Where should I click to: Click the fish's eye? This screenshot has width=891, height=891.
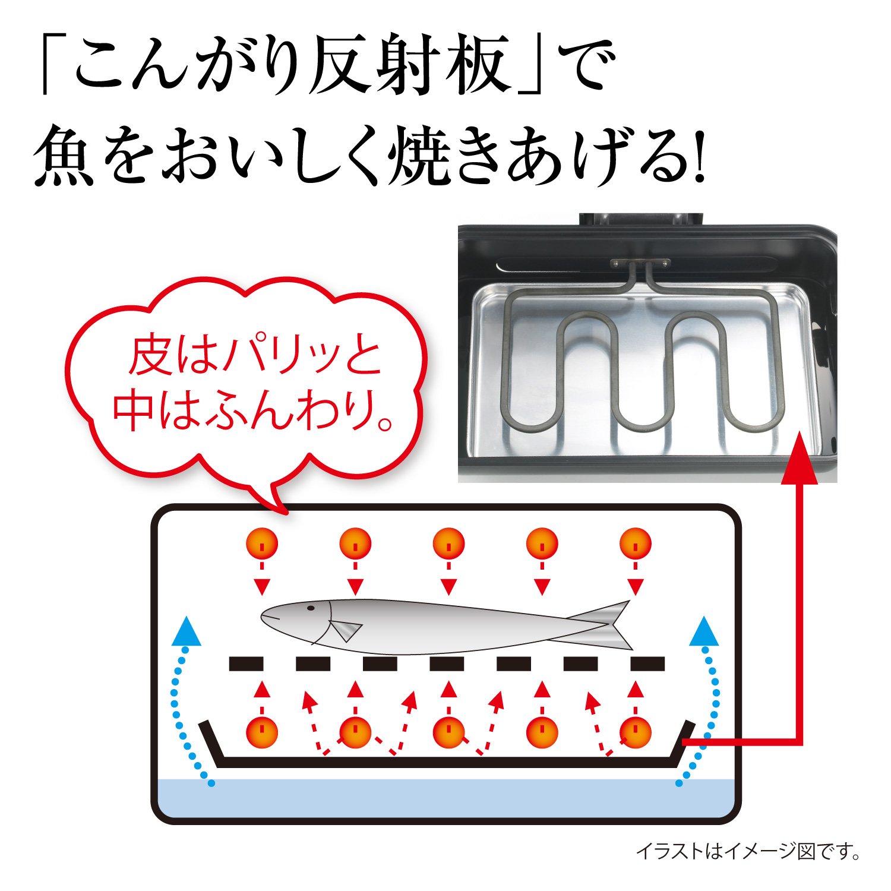(x=310, y=608)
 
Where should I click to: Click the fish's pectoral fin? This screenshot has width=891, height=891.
(x=345, y=631)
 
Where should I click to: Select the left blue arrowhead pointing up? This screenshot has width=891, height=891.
(x=186, y=631)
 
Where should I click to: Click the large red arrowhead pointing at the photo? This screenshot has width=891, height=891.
(x=800, y=458)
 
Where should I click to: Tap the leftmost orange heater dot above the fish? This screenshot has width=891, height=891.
(x=262, y=543)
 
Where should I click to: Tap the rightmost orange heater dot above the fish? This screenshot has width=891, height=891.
(x=635, y=543)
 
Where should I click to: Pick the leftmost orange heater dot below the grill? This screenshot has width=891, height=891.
(x=262, y=732)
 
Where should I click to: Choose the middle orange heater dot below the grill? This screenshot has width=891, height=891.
(x=448, y=732)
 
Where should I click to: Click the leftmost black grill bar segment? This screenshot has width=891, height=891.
(x=246, y=663)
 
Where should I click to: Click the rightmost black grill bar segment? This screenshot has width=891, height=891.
(x=647, y=663)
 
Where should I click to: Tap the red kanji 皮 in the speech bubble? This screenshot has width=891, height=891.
(x=152, y=356)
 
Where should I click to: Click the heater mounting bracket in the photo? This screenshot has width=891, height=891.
(x=640, y=263)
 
